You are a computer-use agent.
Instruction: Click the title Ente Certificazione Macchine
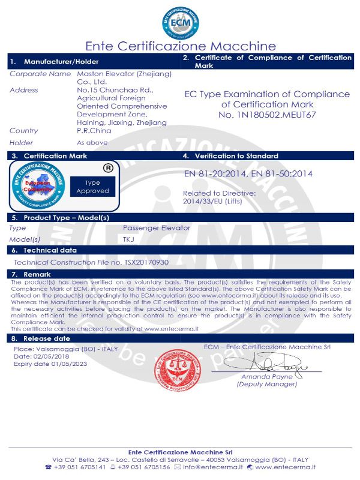180,46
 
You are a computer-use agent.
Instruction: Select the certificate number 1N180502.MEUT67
267,115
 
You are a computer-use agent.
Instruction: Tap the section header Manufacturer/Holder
61,62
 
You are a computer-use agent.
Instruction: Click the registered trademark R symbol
109,168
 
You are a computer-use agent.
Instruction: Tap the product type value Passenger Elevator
156,228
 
